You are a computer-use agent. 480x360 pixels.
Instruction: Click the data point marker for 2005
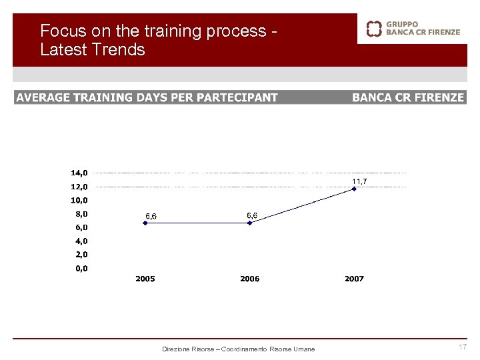pos(145,223)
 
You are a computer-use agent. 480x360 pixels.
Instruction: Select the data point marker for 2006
pos(250,223)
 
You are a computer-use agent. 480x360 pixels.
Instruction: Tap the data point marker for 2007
pos(355,189)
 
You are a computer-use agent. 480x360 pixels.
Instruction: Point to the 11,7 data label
pos(359,181)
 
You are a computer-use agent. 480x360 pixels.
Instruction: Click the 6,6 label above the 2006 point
pos(252,215)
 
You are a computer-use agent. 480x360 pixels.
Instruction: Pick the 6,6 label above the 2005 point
pos(151,216)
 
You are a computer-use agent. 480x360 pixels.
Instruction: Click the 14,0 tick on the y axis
pos(83,173)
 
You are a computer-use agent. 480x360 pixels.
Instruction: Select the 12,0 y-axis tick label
pos(83,187)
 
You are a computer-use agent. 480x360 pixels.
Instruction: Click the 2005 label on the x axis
pos(145,279)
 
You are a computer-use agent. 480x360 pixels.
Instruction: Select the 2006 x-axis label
pos(250,279)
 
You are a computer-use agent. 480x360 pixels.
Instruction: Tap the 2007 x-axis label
pos(355,279)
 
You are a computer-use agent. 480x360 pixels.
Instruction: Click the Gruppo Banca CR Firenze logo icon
pos(375,28)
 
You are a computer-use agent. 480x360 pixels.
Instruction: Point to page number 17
pos(463,347)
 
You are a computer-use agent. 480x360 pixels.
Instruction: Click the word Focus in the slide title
pos(59,31)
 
